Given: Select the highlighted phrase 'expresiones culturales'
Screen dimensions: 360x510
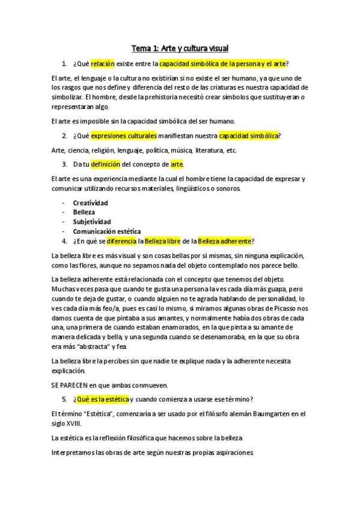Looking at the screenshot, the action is (124, 135).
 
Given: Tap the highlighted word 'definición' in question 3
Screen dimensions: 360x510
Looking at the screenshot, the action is (105, 164).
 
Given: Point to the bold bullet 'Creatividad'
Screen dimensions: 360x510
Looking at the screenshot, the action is (90, 203).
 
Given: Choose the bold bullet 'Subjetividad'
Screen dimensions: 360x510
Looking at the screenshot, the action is (92, 221).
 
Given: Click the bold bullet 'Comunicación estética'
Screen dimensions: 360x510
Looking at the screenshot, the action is (107, 231).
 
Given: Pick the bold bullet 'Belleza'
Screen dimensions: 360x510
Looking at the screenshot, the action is (84, 212).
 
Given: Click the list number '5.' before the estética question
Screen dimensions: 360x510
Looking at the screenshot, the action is (65, 399).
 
